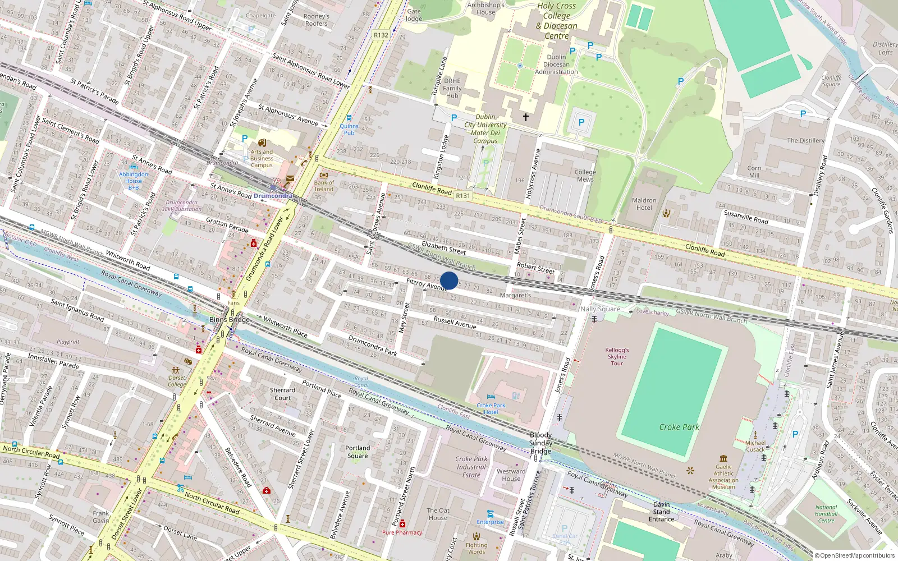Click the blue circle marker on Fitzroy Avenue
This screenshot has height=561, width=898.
point(449,280)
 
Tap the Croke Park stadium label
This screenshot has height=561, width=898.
point(679,427)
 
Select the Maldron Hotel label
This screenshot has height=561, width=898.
point(644,204)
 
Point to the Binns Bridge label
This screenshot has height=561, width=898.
point(229,320)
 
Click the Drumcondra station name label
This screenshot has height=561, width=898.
point(273,196)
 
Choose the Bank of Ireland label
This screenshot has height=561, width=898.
point(324,186)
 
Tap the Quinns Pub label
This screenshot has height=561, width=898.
point(349,130)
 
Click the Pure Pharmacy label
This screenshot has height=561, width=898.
point(402,532)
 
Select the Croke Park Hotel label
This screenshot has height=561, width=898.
point(491,408)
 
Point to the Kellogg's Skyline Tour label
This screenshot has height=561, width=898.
point(617,357)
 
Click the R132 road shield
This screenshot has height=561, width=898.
point(381,35)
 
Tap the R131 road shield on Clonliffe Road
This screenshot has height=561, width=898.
point(463,196)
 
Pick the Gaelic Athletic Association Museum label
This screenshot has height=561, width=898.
point(723,477)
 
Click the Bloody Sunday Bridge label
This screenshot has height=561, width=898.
point(540,443)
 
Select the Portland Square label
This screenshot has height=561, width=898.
point(358,452)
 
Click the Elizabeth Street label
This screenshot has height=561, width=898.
point(443,247)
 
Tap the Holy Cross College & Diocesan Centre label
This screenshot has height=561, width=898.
point(556,21)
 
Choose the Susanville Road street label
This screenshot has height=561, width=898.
point(746,217)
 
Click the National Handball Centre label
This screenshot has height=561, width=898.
point(826,514)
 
